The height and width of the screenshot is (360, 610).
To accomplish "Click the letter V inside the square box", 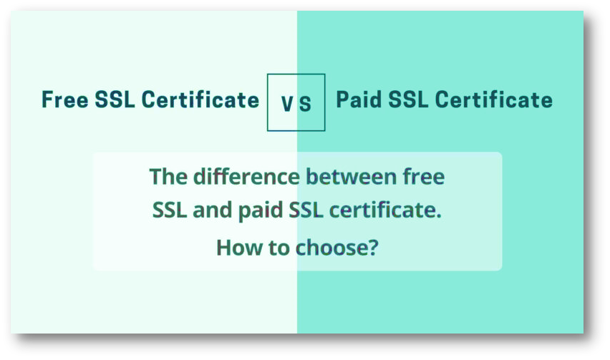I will click(x=287, y=104).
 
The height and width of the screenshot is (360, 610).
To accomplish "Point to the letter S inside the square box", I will click(x=306, y=104).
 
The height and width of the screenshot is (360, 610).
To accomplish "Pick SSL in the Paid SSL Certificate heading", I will click(x=410, y=99).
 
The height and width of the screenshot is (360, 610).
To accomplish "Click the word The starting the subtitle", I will click(x=166, y=176).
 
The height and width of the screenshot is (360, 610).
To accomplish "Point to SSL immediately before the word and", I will click(x=170, y=211).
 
